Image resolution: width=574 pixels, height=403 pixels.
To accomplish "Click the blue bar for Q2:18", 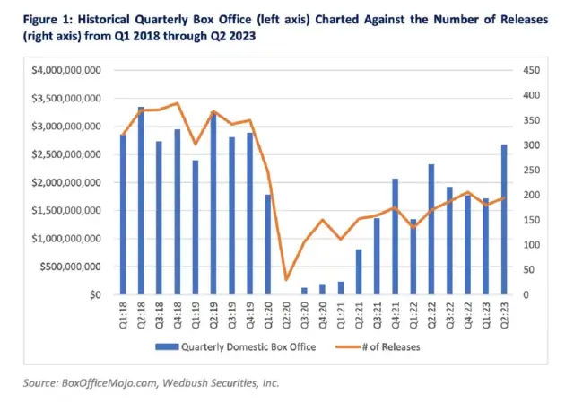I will [141, 201].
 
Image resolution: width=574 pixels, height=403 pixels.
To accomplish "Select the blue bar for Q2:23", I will [505, 220].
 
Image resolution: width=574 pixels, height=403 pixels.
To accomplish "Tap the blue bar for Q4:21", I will [395, 237].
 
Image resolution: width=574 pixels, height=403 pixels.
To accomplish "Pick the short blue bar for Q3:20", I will [304, 291].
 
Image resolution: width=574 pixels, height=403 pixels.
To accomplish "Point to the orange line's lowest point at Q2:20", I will [286, 279].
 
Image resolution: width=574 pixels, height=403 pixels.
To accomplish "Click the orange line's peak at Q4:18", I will [177, 103].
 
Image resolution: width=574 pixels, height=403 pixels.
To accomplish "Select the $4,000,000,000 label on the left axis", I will [71, 70].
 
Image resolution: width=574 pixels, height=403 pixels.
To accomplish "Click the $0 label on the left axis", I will [96, 294].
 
